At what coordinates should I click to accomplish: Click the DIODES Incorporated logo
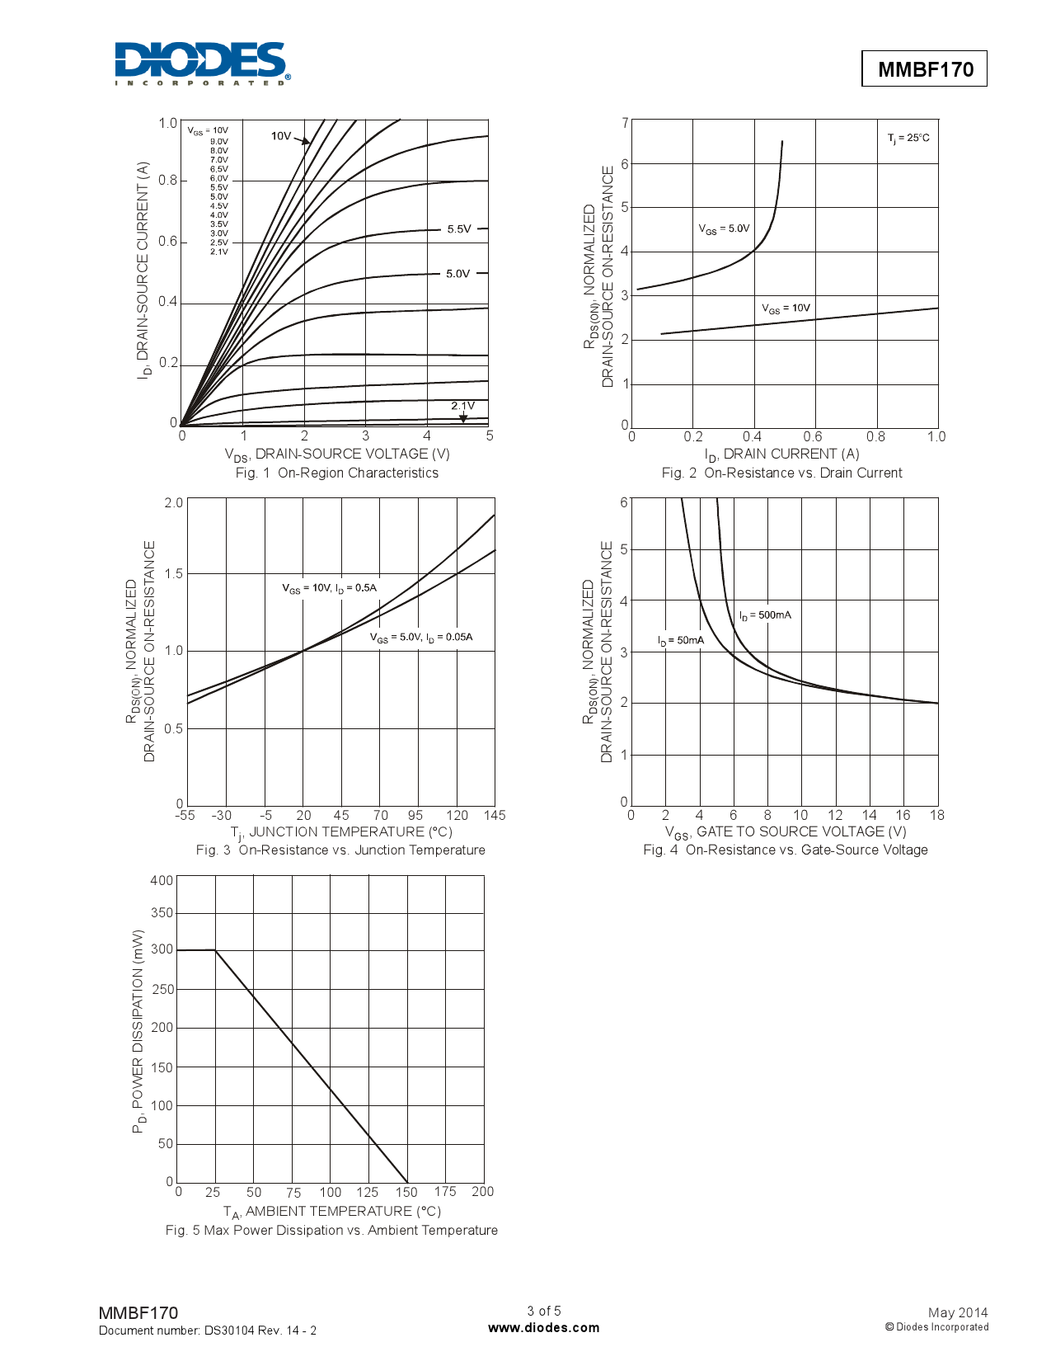point(202,64)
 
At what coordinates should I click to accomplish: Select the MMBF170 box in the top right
point(924,69)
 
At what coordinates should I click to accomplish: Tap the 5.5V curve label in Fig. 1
point(459,229)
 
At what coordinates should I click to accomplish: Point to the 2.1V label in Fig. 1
point(462,406)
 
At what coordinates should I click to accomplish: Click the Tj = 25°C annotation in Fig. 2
point(908,138)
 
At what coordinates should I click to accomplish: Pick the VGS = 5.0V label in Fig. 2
point(724,228)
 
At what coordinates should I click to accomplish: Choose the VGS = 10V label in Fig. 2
point(786,308)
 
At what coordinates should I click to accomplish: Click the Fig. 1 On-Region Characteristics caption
point(336,473)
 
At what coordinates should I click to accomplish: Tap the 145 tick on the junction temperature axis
point(495,815)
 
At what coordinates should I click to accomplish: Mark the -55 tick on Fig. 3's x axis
point(185,815)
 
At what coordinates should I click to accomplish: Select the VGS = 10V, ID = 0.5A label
point(329,588)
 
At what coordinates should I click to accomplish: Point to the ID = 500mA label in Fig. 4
point(765,615)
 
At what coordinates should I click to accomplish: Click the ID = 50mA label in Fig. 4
point(681,641)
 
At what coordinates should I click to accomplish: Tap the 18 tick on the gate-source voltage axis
point(937,815)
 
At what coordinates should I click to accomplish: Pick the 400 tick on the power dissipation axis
point(162,880)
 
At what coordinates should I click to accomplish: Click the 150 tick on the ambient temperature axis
point(406,1192)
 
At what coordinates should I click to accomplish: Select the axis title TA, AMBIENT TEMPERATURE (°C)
point(332,1211)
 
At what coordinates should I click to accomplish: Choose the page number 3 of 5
point(544,1311)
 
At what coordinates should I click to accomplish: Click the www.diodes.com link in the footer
point(544,1327)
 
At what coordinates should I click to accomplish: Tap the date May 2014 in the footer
point(957,1312)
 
